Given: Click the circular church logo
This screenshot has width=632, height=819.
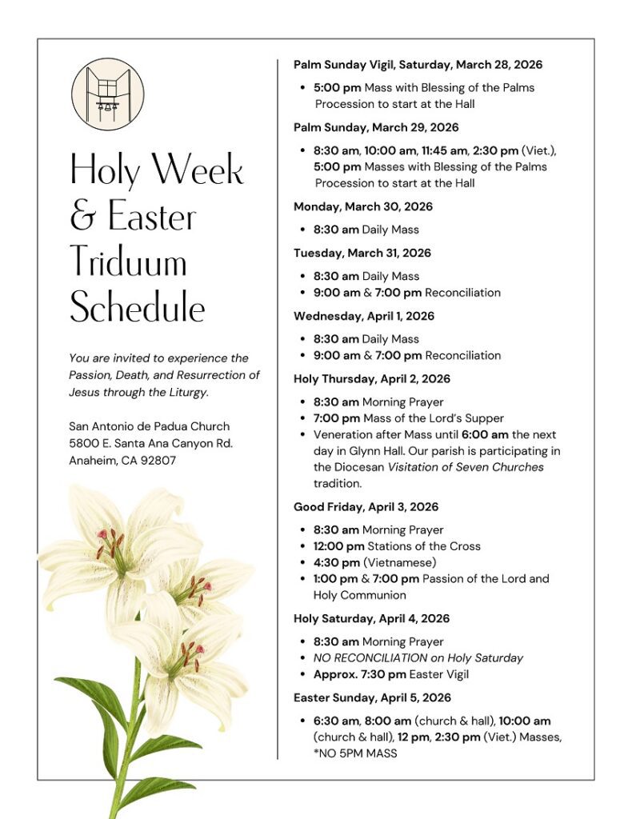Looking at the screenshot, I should pyautogui.click(x=108, y=94).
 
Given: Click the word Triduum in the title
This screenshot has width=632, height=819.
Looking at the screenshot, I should pyautogui.click(x=128, y=262).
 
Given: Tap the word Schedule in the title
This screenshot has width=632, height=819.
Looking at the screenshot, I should pyautogui.click(x=137, y=308).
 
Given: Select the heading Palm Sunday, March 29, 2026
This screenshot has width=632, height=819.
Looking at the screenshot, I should pyautogui.click(x=376, y=127).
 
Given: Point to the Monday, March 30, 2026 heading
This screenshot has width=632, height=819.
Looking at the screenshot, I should pyautogui.click(x=362, y=206).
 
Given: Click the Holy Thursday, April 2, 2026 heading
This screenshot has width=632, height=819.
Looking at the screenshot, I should pyautogui.click(x=371, y=379).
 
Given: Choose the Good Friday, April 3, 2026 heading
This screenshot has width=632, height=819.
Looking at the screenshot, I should pyautogui.click(x=366, y=507).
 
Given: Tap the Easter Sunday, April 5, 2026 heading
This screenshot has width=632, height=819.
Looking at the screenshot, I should pyautogui.click(x=372, y=697).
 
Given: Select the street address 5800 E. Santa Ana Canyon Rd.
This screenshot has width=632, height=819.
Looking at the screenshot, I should pyautogui.click(x=150, y=443).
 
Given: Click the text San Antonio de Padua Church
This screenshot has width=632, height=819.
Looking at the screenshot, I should pyautogui.click(x=149, y=426).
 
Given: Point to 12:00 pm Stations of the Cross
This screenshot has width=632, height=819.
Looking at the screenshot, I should pyautogui.click(x=397, y=546).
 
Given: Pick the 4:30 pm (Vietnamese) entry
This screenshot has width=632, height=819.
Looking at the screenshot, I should pyautogui.click(x=374, y=562).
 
